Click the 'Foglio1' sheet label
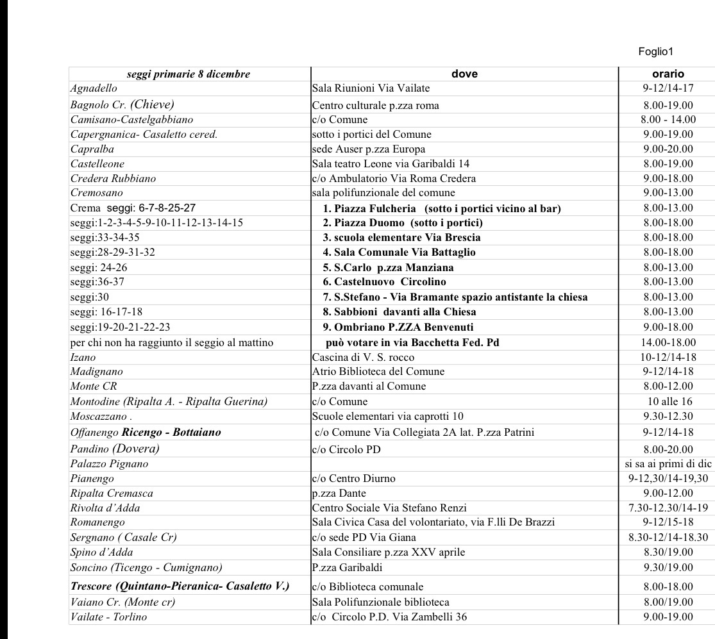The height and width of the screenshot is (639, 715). point(656,52)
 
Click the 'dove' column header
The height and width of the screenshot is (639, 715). point(464,74)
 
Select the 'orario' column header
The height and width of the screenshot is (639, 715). point(668,74)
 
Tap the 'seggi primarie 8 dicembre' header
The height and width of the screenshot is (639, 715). point(189,74)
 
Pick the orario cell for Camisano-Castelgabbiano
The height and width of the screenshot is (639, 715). point(668,119)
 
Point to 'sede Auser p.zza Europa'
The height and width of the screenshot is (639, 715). point(369,149)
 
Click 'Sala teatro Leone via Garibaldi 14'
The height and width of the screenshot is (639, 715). point(391,164)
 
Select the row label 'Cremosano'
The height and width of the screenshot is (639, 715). point(97,193)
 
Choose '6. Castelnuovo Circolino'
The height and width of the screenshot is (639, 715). point(384,282)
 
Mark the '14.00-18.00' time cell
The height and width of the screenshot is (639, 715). point(668,343)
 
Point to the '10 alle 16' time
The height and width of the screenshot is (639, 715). point(668,402)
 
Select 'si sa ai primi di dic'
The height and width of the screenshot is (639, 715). point(668,463)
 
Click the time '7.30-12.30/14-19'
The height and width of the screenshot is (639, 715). point(668,508)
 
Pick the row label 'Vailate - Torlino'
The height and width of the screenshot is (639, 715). point(108,617)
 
